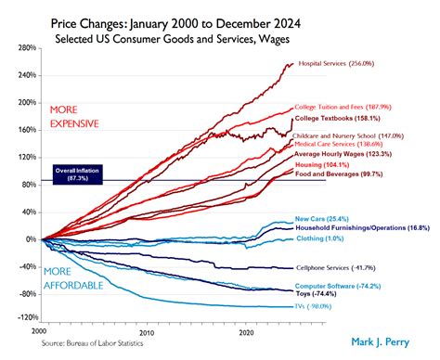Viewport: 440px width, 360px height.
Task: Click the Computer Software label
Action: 338,287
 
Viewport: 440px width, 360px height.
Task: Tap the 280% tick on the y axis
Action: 25,46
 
